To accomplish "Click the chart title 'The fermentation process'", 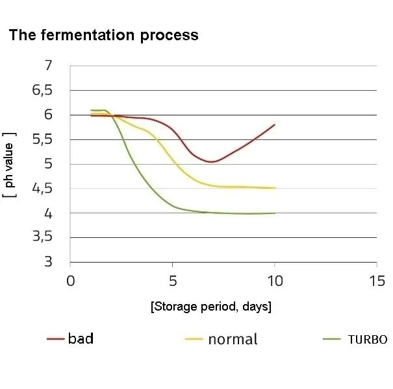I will (x=103, y=35).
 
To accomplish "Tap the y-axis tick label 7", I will (x=48, y=65).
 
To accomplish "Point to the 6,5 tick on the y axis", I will (x=42, y=90).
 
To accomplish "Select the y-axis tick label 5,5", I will (x=42, y=139).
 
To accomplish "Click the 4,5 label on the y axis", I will (x=42, y=189).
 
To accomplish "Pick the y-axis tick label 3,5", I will (x=42, y=238).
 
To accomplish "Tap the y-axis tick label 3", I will (x=48, y=262).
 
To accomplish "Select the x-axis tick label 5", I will (x=173, y=281).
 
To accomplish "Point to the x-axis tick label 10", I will (x=275, y=281).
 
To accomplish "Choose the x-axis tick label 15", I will (x=377, y=281).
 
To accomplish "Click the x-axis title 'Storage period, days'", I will (x=210, y=306).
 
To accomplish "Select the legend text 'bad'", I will (x=81, y=339).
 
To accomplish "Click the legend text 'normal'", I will (x=233, y=339).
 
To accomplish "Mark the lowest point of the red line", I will (x=212, y=162).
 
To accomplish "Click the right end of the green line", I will (x=275, y=213).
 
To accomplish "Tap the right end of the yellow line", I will (x=275, y=188).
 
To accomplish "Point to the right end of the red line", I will (x=275, y=124).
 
